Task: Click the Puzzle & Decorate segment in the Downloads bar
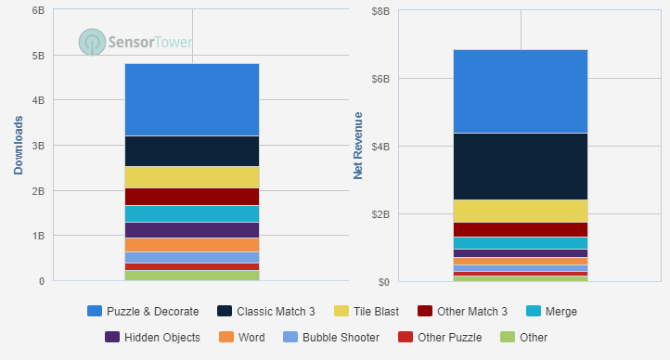point(192,99)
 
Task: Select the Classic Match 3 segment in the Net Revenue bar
point(521,166)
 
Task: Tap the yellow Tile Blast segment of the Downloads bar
point(192,176)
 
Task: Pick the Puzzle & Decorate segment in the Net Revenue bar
point(521,91)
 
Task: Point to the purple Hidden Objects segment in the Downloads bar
point(192,230)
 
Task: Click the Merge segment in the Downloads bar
point(192,213)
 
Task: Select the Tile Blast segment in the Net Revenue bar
point(521,211)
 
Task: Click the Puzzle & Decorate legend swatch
point(94,311)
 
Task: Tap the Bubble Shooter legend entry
point(331,337)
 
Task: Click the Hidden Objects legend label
point(163,337)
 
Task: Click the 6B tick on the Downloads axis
point(37,11)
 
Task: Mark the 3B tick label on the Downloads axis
point(37,146)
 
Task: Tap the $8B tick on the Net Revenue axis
point(380,11)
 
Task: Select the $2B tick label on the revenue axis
point(380,214)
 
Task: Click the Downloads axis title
point(19,146)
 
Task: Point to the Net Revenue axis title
point(358,146)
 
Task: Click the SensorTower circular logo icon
point(92,42)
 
